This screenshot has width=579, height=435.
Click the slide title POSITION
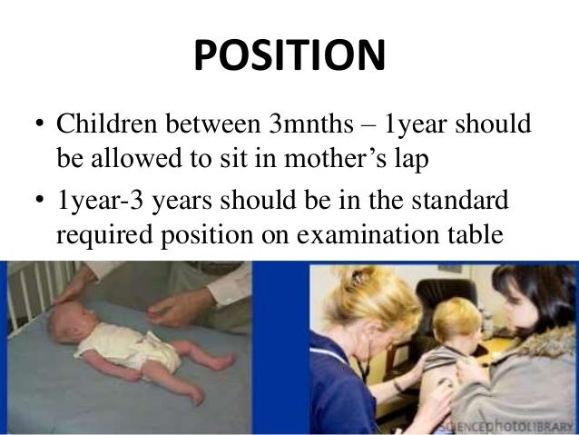pos(289,56)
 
